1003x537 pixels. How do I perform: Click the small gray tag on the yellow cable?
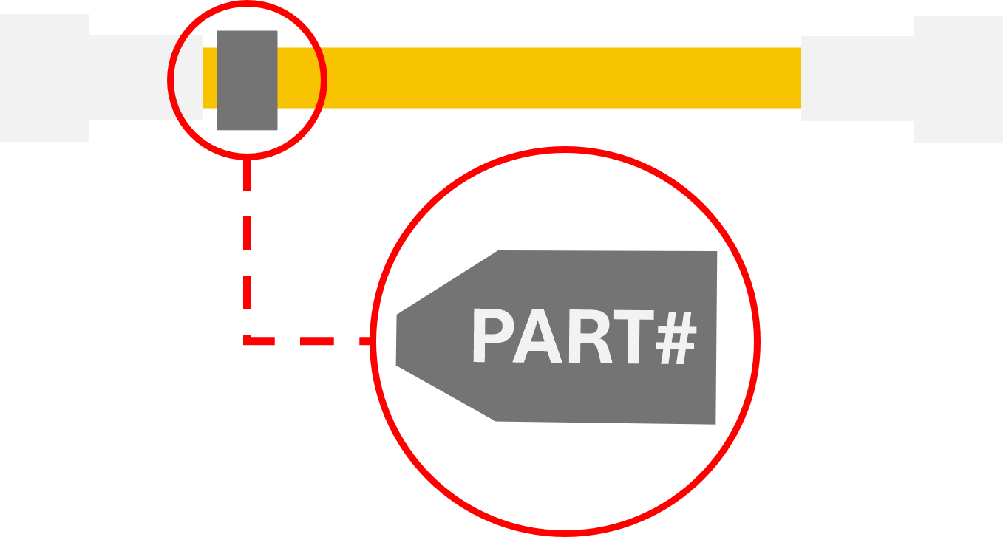point(247,81)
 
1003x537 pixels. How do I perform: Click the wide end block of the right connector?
point(959,79)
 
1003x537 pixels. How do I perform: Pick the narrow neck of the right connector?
point(857,78)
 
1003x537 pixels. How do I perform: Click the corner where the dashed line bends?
point(248,341)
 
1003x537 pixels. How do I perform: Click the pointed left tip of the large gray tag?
point(398,340)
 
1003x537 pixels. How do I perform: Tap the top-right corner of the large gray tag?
point(716,252)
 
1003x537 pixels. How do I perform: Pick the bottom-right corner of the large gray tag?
point(715,423)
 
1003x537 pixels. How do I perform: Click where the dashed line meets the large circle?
point(373,341)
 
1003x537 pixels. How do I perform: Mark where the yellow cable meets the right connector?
point(801,78)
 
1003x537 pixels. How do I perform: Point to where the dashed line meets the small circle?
point(248,158)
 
